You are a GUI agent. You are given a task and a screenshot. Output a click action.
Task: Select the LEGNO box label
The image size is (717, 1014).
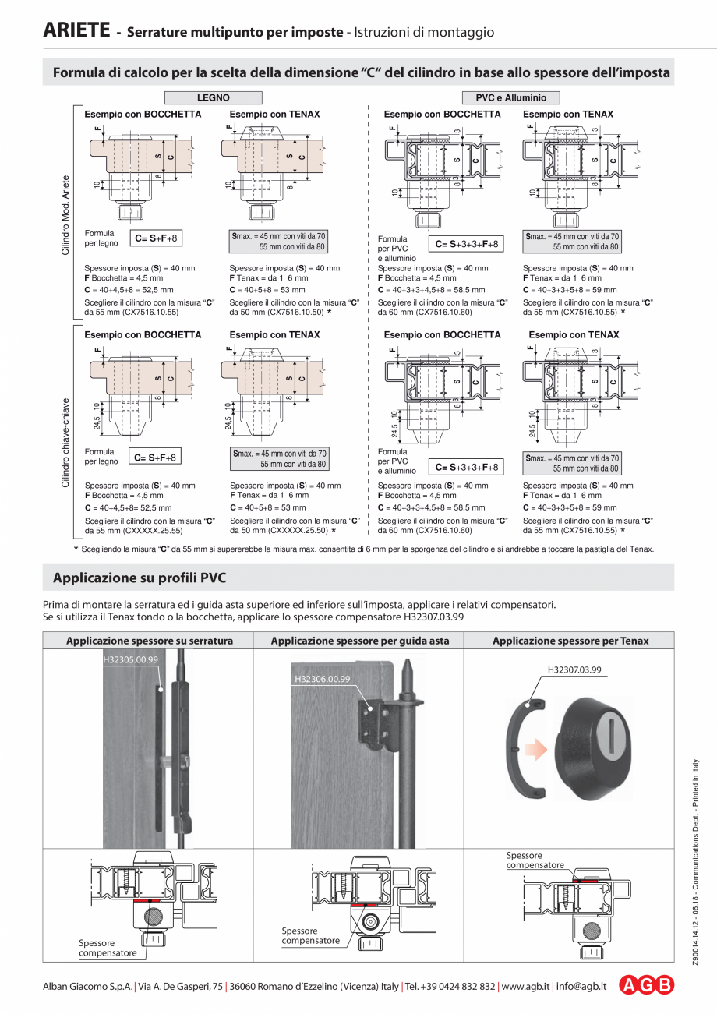click(213, 98)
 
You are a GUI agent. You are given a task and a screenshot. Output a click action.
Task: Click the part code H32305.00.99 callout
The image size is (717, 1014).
click(130, 659)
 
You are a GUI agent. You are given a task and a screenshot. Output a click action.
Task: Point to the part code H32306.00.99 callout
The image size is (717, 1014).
click(322, 679)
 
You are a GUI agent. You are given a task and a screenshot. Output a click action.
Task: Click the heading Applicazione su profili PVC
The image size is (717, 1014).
click(140, 578)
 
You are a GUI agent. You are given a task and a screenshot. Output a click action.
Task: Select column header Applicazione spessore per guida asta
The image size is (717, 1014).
click(359, 641)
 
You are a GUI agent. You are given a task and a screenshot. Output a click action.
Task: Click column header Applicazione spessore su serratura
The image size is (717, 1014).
click(148, 641)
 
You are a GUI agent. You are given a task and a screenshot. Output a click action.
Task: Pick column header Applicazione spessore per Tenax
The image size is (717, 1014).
click(570, 641)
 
